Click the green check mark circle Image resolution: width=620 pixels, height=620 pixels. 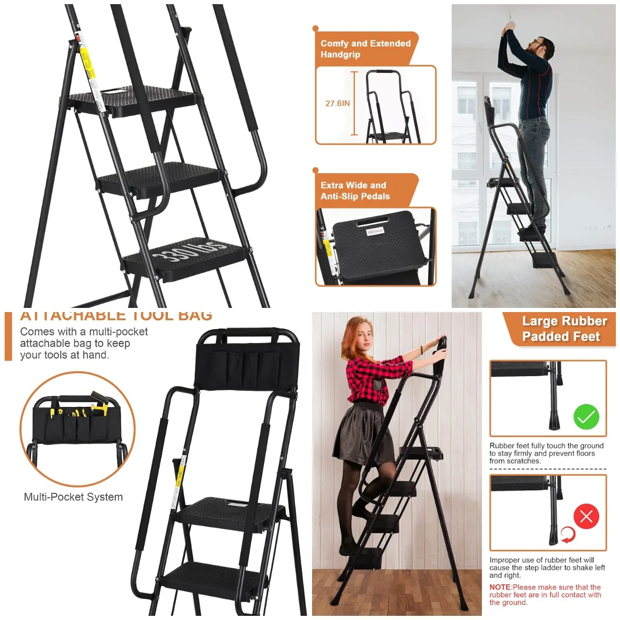(586, 416)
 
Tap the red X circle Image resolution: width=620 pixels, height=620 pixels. (586, 516)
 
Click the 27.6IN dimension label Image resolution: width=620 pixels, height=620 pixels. (337, 103)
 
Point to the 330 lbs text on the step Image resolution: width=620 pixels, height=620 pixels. (190, 250)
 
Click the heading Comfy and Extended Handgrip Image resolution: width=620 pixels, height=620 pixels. (365, 49)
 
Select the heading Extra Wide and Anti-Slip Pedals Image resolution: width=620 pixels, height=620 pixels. (355, 191)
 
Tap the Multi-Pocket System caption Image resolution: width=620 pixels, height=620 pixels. (73, 497)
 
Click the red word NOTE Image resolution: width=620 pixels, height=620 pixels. (500, 587)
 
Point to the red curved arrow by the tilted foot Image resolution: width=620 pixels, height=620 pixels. (568, 535)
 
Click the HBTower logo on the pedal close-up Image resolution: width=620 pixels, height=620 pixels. (375, 231)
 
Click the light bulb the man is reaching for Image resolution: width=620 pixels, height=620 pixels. (509, 19)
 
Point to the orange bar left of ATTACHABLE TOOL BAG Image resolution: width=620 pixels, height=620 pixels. (8, 336)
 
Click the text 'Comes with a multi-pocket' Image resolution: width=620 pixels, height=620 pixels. (84, 332)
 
